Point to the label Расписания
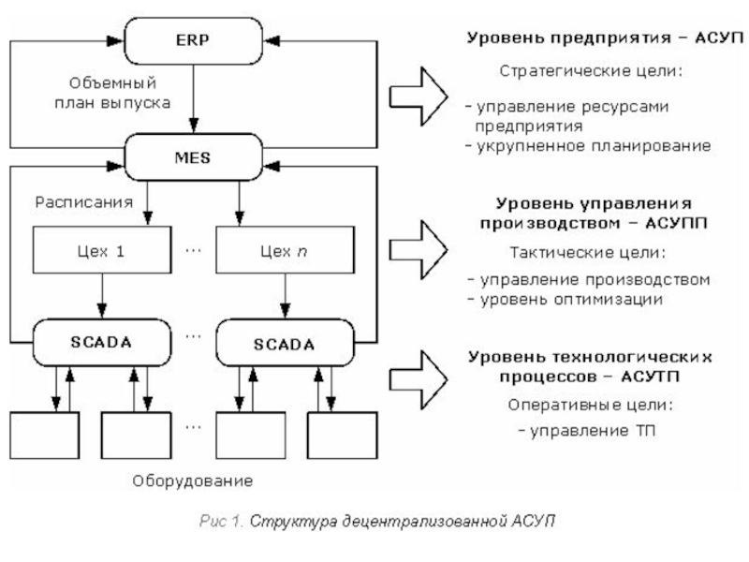(x=78, y=200)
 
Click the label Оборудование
(x=193, y=481)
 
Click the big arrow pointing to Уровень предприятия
(x=418, y=93)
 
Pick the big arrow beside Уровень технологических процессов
(x=418, y=376)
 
